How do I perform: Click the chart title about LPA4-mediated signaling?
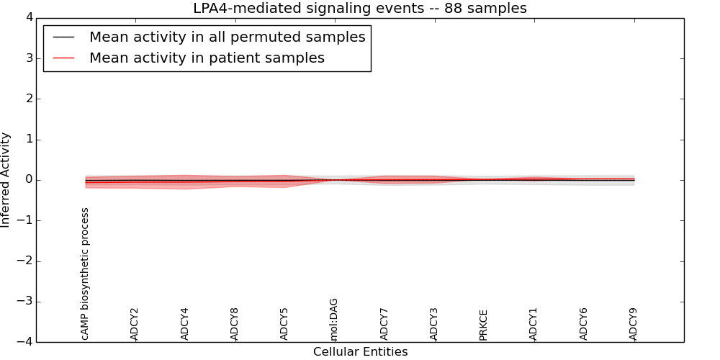[x=359, y=9]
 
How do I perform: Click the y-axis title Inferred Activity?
[x=6, y=180]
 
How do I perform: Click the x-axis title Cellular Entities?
[x=360, y=352]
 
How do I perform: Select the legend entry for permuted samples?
[x=227, y=37]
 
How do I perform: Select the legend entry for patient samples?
[x=207, y=58]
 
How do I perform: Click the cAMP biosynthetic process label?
[x=85, y=274]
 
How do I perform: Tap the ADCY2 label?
[x=135, y=324]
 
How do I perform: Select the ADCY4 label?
[x=184, y=324]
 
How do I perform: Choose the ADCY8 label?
[x=234, y=324]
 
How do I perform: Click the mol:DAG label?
[x=334, y=319]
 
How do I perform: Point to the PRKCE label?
[x=484, y=325]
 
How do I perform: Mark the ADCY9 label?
[x=634, y=324]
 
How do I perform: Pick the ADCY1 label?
[x=534, y=324]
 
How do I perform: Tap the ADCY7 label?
[x=384, y=324]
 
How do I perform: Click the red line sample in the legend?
[x=64, y=58]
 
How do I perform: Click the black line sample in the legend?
[x=64, y=37]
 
